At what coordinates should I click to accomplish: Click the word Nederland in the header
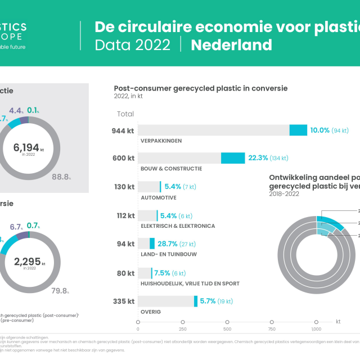coord(231,45)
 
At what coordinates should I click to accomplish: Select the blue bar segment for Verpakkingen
coord(298,130)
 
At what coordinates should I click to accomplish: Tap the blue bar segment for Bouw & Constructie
coord(233,158)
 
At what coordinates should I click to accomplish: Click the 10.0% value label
coord(319,130)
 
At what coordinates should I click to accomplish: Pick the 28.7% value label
coord(167,244)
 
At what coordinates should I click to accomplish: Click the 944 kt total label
coord(123,130)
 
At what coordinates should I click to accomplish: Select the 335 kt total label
coord(123,301)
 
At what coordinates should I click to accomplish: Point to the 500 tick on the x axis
coord(227,329)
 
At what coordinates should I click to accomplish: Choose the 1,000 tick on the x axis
coord(316,329)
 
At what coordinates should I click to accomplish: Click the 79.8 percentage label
coord(60,291)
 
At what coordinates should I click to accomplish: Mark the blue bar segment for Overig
coord(196,301)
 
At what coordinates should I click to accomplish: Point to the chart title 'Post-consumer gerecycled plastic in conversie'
coord(201,88)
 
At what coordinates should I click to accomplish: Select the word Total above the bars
coord(125,114)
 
